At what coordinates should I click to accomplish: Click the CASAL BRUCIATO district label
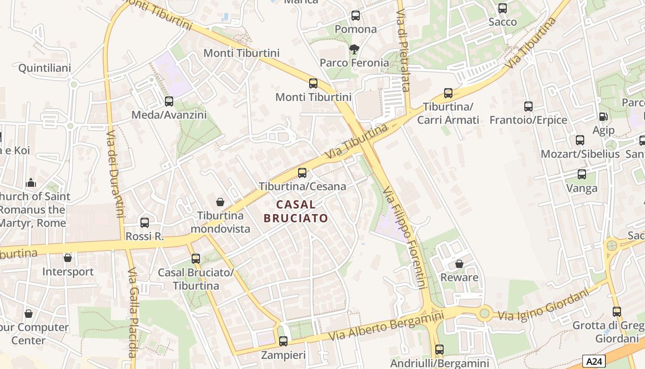pyautogui.click(x=296, y=211)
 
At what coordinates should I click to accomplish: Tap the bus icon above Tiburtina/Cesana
pyautogui.click(x=302, y=173)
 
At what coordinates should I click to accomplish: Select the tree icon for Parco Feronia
pyautogui.click(x=354, y=49)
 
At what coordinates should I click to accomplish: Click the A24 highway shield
pyautogui.click(x=594, y=361)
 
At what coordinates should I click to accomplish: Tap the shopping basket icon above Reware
pyautogui.click(x=459, y=264)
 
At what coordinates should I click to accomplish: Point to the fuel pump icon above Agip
pyautogui.click(x=603, y=117)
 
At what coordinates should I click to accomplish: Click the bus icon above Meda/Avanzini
pyautogui.click(x=169, y=101)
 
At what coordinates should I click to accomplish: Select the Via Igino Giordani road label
pyautogui.click(x=544, y=306)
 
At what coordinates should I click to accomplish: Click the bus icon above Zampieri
pyautogui.click(x=283, y=341)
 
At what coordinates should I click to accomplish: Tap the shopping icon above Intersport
pyautogui.click(x=68, y=258)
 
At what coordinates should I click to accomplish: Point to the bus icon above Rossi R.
pyautogui.click(x=145, y=223)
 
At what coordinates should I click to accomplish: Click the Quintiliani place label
pyautogui.click(x=45, y=68)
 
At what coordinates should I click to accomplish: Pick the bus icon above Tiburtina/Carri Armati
pyautogui.click(x=448, y=93)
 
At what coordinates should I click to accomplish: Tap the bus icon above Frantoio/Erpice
pyautogui.click(x=528, y=107)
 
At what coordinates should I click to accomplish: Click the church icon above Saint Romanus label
pyautogui.click(x=31, y=183)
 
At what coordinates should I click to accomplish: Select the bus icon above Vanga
pyautogui.click(x=582, y=174)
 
